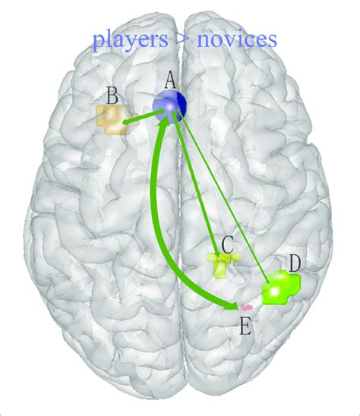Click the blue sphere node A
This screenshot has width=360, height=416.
click(x=169, y=106)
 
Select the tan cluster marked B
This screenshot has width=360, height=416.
click(x=111, y=118)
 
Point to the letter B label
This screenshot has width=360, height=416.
click(x=111, y=96)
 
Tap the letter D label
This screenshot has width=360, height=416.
click(x=295, y=263)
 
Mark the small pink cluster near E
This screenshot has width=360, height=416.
click(x=245, y=307)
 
